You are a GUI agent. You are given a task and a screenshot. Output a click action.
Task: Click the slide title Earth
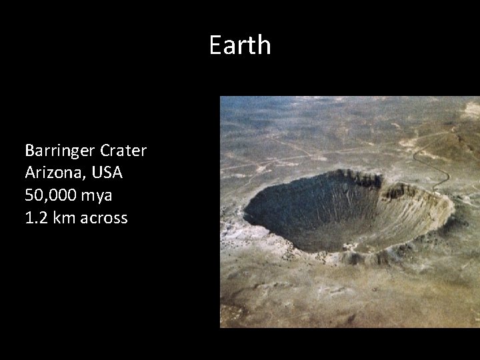(240, 45)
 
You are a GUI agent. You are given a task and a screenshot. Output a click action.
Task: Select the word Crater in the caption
(125, 151)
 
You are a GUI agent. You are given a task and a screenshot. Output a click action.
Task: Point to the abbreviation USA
(107, 173)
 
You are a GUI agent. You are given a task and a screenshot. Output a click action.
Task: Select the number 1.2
(35, 217)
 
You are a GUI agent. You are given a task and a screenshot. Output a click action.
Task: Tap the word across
(103, 218)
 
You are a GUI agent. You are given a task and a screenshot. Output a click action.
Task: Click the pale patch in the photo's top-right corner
(470, 107)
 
